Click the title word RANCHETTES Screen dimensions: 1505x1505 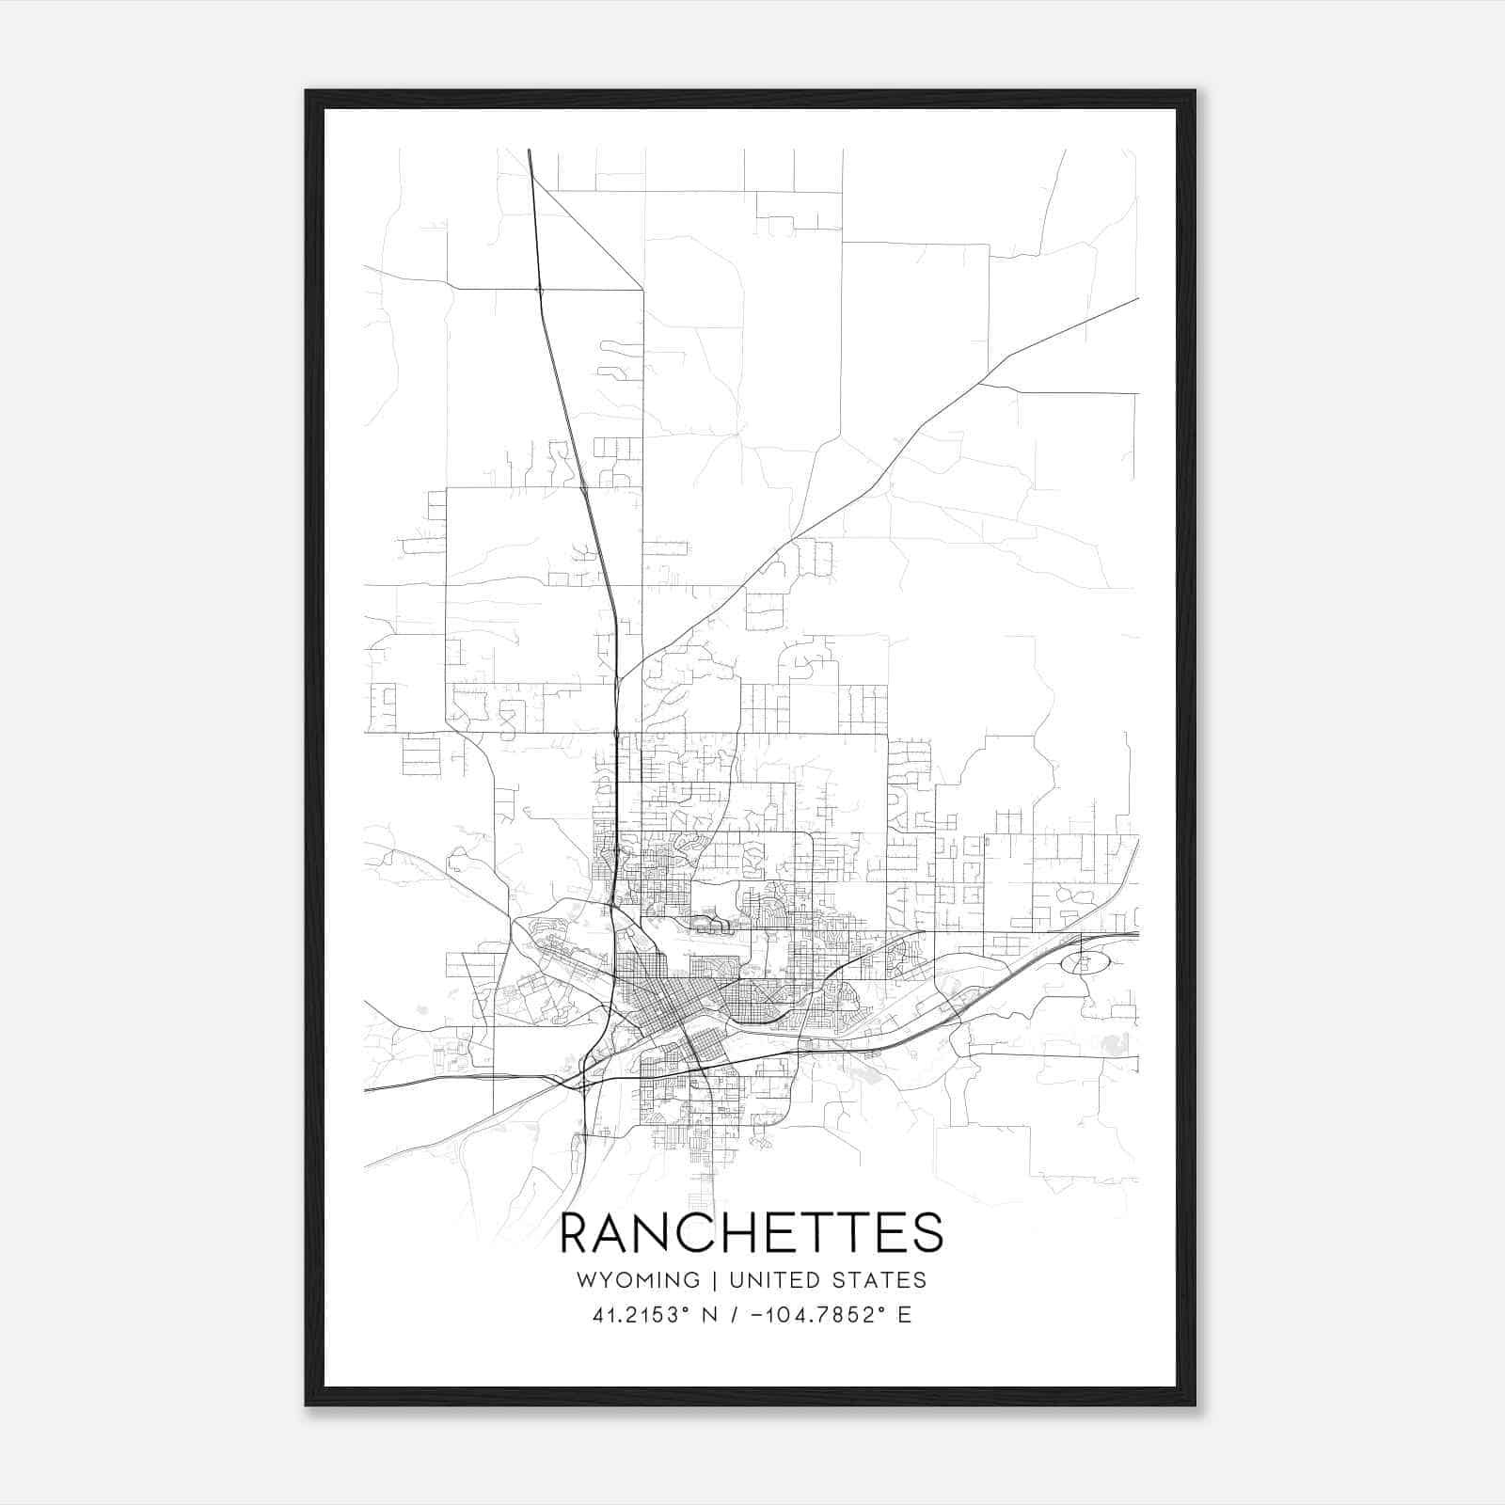coord(751,1234)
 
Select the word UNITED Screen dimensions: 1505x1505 coord(777,1279)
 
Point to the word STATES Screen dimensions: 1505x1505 coord(880,1279)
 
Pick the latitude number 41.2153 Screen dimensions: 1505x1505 coord(632,1315)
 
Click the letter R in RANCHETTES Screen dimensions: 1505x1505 coord(575,1234)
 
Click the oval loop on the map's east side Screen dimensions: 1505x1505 coord(1085,962)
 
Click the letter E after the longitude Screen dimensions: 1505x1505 coord(904,1315)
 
